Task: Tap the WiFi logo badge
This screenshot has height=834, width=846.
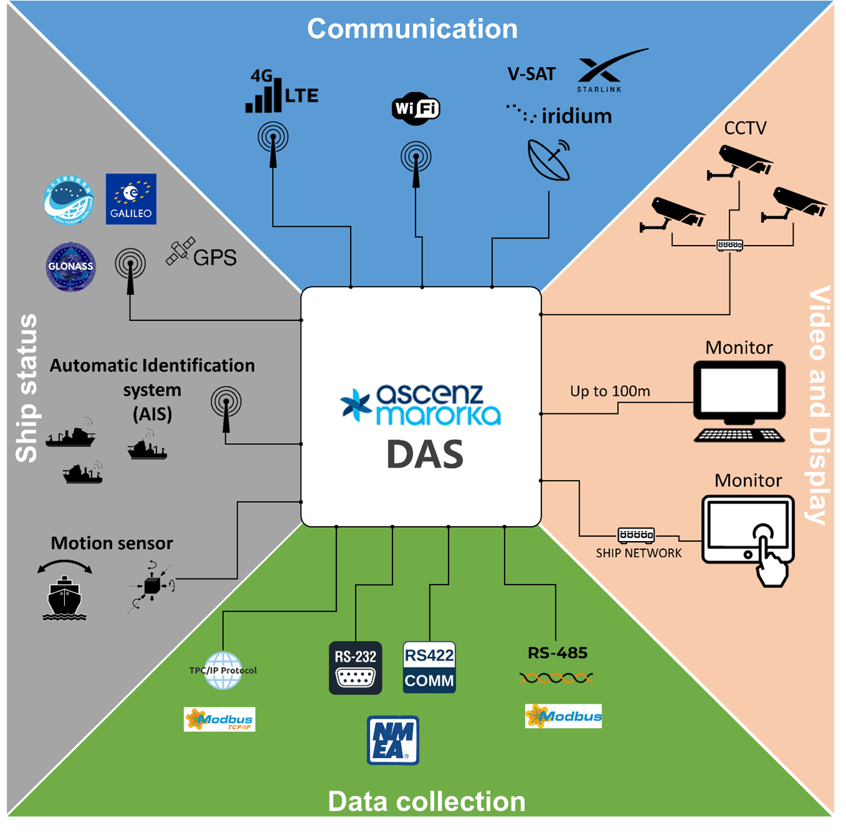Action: pos(416,108)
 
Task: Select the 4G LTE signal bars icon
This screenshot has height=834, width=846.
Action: pos(264,97)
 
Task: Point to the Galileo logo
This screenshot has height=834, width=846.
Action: pos(131,199)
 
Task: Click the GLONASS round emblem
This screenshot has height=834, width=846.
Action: pos(71,267)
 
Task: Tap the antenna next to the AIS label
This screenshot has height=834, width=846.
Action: pos(226,408)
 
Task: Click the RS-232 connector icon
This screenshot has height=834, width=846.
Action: pos(356,668)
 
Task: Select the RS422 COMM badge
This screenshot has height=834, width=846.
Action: pos(429,668)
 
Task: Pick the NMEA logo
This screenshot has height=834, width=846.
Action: pos(392,740)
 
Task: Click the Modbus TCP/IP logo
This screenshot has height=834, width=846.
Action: pos(220,719)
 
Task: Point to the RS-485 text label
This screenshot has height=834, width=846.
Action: pos(557,653)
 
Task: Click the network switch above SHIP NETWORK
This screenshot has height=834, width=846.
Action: pos(636,535)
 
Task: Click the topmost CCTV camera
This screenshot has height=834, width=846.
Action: pos(740,161)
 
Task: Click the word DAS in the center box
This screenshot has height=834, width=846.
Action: pos(425,454)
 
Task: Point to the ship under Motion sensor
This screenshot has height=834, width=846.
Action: pos(64,598)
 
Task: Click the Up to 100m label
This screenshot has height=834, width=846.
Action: pos(610,391)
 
